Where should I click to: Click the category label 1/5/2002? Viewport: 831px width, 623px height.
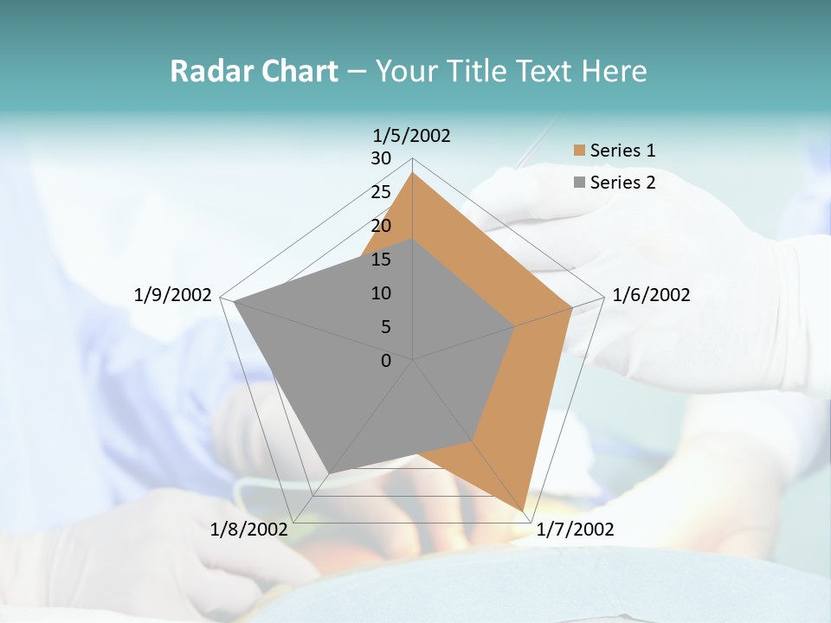(x=412, y=136)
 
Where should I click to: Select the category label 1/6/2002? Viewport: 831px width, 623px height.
(x=651, y=295)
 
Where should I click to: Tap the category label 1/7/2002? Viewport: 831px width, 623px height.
(x=575, y=529)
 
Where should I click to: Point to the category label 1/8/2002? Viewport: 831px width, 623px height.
(x=248, y=529)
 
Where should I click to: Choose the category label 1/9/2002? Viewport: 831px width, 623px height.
(x=173, y=295)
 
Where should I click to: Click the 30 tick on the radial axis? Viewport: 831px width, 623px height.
(x=381, y=158)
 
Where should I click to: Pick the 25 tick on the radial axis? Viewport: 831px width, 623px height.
(x=381, y=192)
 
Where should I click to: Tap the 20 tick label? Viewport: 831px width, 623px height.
(x=381, y=226)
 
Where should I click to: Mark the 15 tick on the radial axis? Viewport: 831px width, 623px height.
(x=381, y=260)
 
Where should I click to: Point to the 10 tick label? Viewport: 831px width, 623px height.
(x=381, y=293)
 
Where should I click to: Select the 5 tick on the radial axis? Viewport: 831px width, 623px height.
(x=385, y=327)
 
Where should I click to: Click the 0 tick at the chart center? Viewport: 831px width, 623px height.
(x=386, y=361)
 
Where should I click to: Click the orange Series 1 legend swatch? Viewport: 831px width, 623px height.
(x=579, y=151)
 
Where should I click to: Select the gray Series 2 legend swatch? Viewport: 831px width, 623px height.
(x=579, y=182)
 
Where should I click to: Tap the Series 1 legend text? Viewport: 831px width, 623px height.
(x=622, y=151)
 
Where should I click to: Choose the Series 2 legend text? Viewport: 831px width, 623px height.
(x=622, y=182)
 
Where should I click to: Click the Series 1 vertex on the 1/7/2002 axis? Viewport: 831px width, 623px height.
(x=523, y=511)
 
